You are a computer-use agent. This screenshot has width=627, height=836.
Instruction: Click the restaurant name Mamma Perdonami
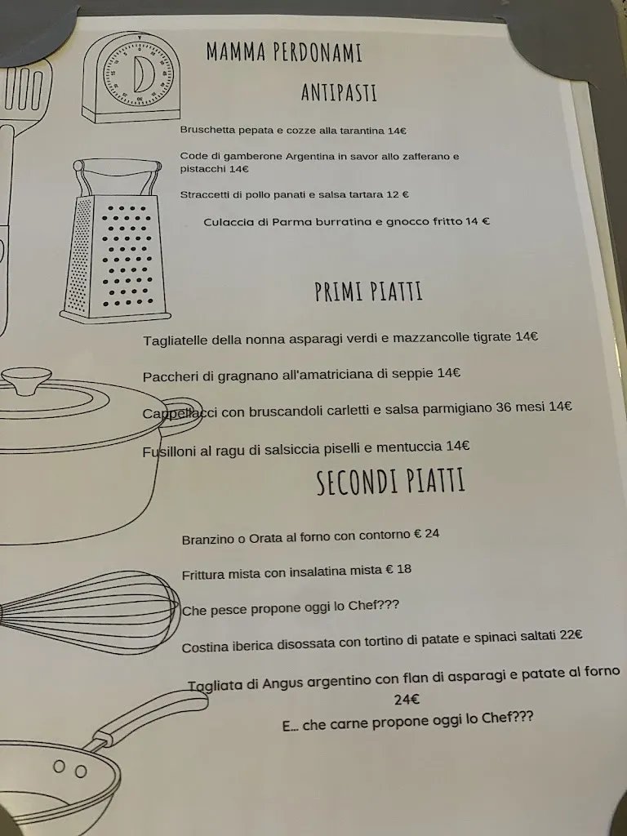[x=284, y=53]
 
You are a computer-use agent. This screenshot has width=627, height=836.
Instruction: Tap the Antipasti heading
[x=338, y=92]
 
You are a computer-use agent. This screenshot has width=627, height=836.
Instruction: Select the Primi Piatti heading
[x=368, y=291]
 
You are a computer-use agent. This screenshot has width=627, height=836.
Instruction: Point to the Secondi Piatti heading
[x=390, y=482]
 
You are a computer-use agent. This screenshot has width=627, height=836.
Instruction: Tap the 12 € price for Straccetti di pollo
[x=398, y=194]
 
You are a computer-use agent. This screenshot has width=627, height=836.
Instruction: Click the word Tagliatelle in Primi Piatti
[x=175, y=340]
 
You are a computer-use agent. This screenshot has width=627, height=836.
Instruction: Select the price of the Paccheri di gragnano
[x=449, y=373]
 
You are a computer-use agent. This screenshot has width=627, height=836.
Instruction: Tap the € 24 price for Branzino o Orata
[x=426, y=534]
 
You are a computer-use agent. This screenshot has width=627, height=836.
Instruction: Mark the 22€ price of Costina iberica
[x=571, y=636]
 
